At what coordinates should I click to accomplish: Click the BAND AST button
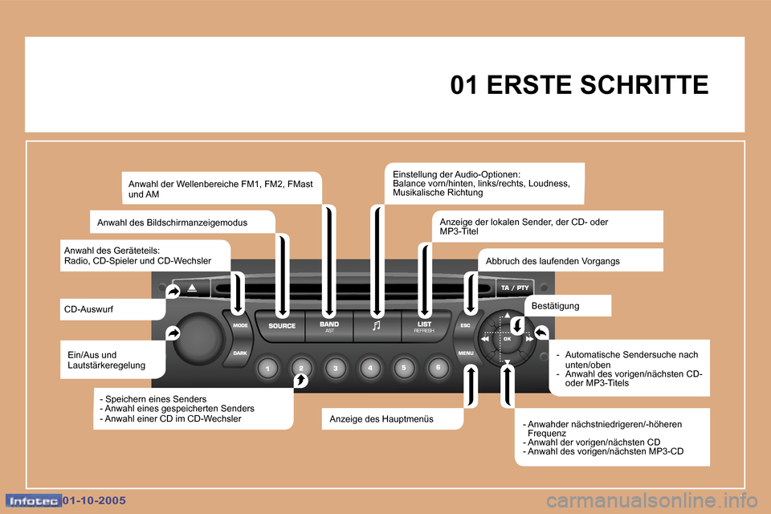(329, 327)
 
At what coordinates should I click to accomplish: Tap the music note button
(377, 327)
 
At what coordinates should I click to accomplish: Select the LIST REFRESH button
(425, 327)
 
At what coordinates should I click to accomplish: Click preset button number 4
(369, 367)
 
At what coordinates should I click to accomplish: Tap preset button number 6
(439, 367)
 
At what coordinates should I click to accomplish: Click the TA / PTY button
(515, 288)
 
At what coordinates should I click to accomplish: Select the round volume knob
(198, 338)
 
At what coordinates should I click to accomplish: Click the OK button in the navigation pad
(507, 339)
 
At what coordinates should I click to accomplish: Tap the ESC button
(466, 325)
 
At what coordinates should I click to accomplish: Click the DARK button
(239, 353)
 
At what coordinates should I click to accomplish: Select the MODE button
(239, 325)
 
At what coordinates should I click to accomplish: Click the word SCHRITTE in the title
(645, 84)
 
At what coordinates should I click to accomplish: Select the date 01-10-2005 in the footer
(95, 500)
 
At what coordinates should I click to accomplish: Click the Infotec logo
(34, 500)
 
